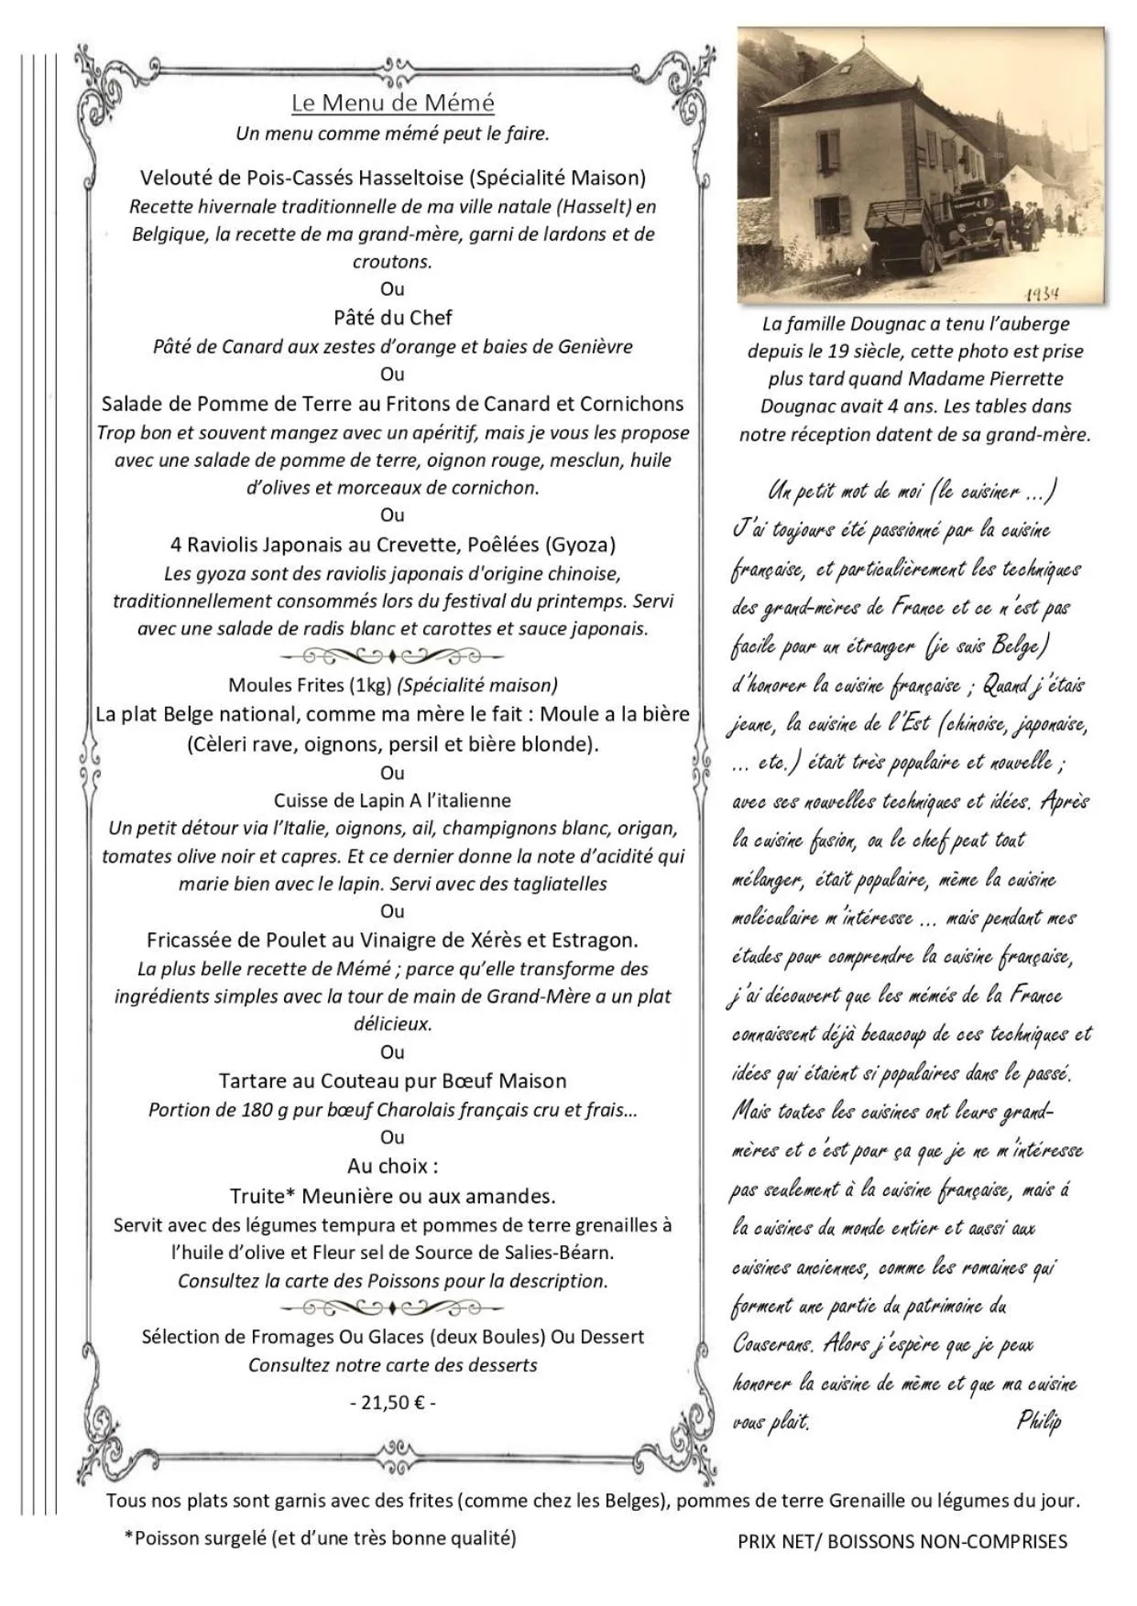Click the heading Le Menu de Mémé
(392, 103)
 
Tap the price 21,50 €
(392, 1403)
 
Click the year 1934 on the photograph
(1042, 294)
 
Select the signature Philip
(1039, 1420)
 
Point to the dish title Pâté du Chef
(392, 318)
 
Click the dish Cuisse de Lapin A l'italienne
(392, 800)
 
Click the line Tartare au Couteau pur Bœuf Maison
(392, 1081)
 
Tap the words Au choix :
(392, 1166)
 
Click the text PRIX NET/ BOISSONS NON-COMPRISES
(902, 1542)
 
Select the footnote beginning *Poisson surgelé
(320, 1538)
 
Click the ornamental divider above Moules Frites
(392, 657)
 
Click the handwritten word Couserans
(772, 1344)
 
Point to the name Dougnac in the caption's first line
(886, 323)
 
